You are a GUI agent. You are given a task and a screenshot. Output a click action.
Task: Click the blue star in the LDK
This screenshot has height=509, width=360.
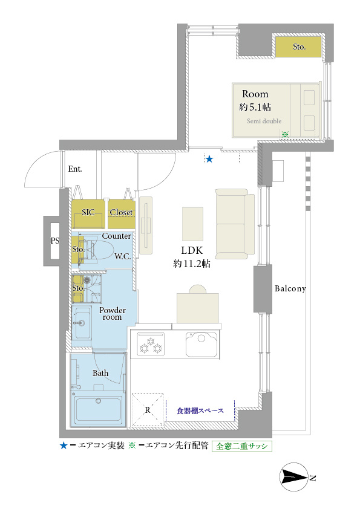coord(209,159)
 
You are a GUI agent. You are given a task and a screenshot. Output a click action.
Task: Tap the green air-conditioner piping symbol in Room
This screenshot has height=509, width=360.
coord(285,134)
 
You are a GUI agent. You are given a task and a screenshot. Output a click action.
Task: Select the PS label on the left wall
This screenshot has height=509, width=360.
coord(55,241)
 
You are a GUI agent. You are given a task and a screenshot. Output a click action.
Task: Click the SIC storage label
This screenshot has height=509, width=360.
coord(88,212)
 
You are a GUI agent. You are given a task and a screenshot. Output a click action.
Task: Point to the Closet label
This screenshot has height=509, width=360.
coord(121,212)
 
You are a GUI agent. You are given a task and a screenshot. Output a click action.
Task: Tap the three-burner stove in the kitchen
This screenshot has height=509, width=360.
coord(151,344)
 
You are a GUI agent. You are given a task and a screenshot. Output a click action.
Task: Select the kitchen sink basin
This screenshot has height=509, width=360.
coord(201,344)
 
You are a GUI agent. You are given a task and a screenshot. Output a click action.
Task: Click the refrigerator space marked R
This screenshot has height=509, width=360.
coord(148,410)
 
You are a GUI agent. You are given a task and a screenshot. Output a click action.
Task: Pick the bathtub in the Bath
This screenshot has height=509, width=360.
coord(98,410)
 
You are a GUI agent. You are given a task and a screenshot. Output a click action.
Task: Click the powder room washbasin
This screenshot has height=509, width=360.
coord(82,323)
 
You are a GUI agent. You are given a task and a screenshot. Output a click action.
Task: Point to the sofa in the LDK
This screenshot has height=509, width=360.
coord(235,224)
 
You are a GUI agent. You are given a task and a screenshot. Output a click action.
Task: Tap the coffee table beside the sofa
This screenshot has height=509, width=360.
coord(192,224)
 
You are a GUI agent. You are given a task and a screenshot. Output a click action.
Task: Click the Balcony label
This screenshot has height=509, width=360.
coord(290,288)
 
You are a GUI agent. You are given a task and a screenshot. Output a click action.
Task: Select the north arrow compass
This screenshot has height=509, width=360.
coord(295,477)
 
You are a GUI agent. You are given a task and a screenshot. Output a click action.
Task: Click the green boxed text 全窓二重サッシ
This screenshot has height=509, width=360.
coord(242,446)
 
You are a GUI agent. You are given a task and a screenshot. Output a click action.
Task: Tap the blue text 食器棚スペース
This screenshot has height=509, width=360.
coord(200,411)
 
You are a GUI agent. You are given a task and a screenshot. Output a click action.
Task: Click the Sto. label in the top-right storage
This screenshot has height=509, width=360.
coord(299,47)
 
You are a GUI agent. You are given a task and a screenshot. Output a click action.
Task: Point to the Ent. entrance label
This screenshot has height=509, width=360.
coord(75,169)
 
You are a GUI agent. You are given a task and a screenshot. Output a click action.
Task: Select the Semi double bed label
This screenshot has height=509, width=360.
coord(264,121)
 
